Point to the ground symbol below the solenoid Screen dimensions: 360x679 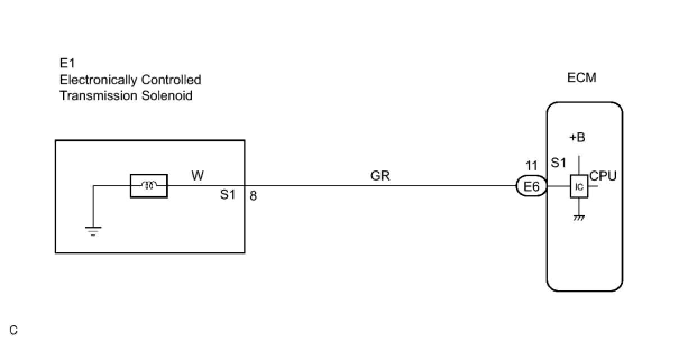coord(93,230)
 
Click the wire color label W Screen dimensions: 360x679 coord(198,176)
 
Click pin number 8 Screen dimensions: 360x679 coord(253,196)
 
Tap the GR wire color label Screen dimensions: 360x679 coord(380,176)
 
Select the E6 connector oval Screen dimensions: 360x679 coord(531,187)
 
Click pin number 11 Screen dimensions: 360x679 coord(531,166)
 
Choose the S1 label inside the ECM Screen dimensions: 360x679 coord(558,163)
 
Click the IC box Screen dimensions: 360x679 coord(579,187)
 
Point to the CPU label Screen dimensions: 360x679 coord(603,177)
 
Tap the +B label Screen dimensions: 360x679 coord(578,138)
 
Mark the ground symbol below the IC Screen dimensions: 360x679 coord(579,218)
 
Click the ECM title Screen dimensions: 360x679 coord(582,78)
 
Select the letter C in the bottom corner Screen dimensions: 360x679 coord(13,330)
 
